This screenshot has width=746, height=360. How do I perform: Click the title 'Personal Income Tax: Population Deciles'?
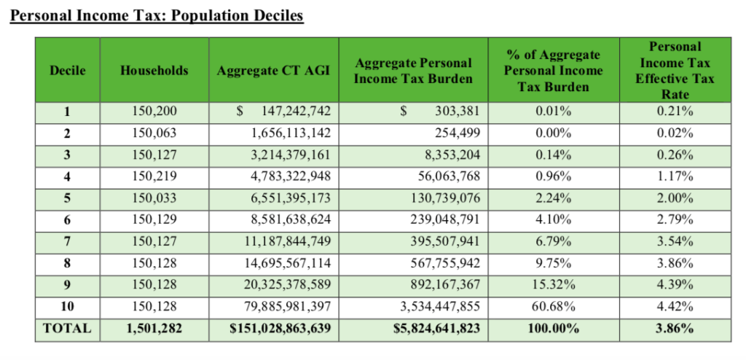click(157, 15)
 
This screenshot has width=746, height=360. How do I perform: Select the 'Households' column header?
click(154, 71)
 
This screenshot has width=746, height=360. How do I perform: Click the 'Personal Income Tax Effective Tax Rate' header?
click(675, 71)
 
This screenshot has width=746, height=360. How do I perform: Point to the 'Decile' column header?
click(68, 71)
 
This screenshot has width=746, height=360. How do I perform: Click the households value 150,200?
click(154, 111)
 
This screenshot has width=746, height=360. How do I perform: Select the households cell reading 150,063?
click(154, 133)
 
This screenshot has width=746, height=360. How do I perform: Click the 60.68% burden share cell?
click(554, 307)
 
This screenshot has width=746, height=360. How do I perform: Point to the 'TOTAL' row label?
click(68, 329)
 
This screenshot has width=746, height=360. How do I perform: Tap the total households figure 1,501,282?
click(154, 329)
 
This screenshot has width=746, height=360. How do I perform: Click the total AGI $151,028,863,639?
click(280, 329)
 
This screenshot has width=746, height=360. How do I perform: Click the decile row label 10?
click(68, 307)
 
